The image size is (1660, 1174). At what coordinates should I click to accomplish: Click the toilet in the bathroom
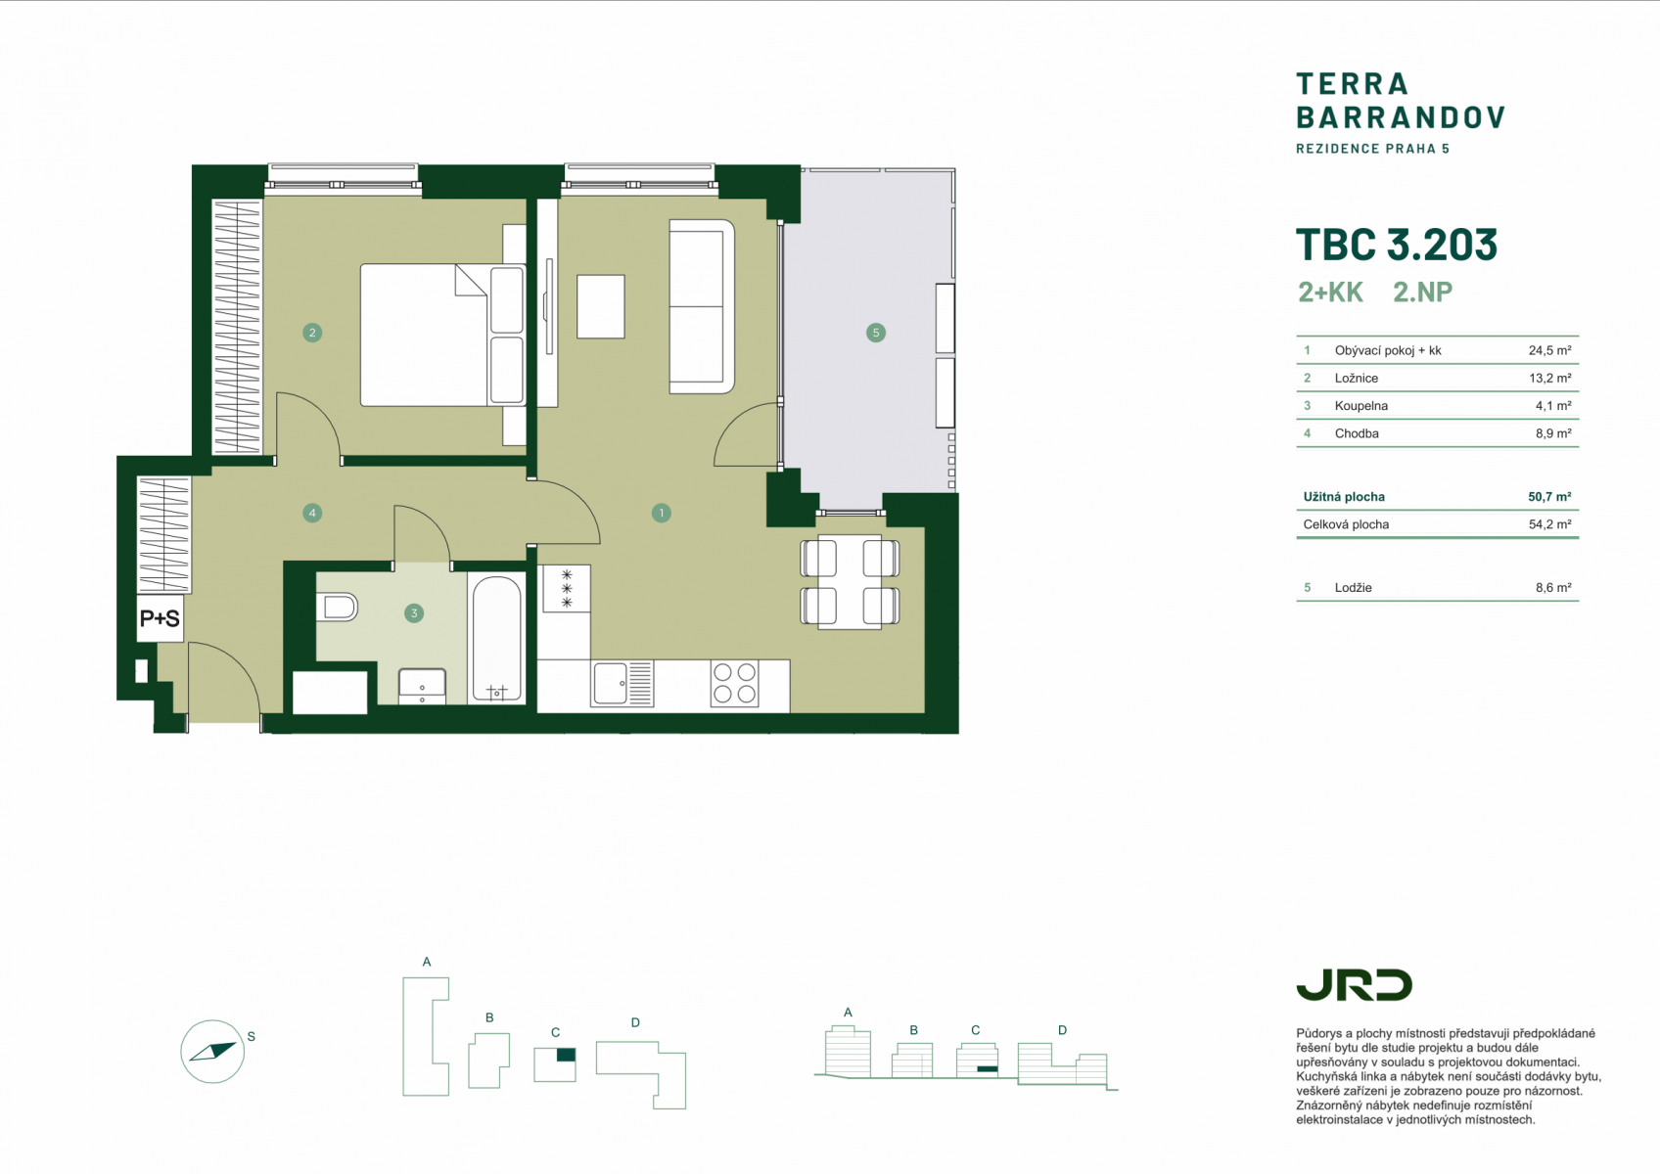pos(337,608)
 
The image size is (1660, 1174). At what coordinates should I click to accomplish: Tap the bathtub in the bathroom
pos(496,639)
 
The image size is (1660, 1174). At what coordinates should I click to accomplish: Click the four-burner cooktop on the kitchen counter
pos(734,683)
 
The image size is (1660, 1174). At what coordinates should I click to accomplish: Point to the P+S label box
pos(161,617)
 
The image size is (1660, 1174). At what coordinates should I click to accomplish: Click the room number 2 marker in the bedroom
pos(312,333)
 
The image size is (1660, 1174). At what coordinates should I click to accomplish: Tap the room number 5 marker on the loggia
pos(876,333)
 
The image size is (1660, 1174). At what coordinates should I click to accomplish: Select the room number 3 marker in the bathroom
pos(413,613)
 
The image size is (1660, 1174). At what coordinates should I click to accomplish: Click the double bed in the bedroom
pos(442,335)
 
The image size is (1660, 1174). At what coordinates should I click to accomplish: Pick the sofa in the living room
pos(702,306)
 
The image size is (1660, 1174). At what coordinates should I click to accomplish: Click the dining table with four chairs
pos(850,582)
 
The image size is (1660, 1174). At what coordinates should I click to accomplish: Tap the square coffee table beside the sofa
pos(601,306)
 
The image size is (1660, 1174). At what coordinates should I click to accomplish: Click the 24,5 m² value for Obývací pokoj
pos(1549,350)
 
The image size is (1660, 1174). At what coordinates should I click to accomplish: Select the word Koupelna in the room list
pos(1361,406)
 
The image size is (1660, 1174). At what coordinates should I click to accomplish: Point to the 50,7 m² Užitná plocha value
pos(1549,497)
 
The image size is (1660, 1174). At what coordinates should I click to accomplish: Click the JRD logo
pos(1354,985)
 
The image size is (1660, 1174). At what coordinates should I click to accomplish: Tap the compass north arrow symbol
pos(212,1052)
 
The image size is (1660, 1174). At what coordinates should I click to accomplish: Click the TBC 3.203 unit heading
pos(1396,245)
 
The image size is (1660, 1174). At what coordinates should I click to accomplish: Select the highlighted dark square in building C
pos(566,1055)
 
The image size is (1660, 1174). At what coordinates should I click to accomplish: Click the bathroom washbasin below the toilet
pos(423,687)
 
